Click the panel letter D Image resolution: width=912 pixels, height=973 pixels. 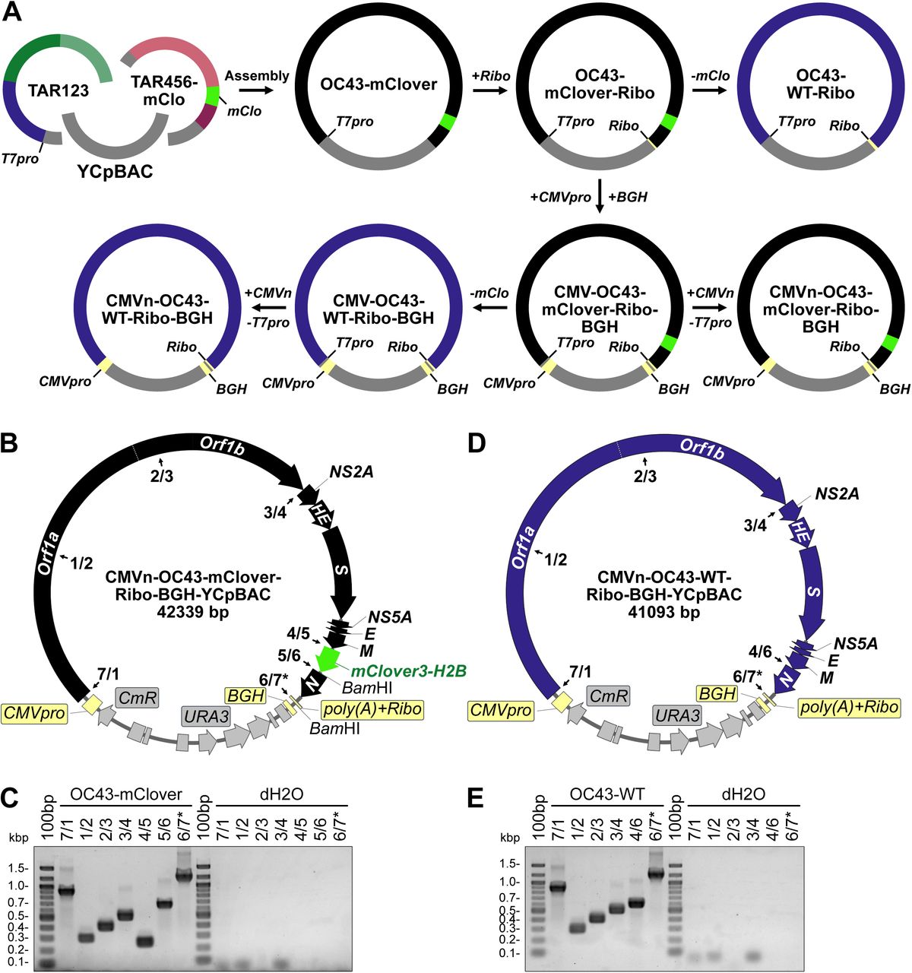tap(477, 442)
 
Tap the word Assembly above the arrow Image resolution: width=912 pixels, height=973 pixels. tap(257, 76)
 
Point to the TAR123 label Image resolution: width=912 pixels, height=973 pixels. tap(58, 90)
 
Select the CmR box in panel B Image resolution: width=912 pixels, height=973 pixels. tap(137, 696)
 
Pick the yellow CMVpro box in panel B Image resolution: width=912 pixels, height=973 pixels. tap(33, 713)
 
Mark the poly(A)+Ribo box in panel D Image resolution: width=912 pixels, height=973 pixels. tap(848, 707)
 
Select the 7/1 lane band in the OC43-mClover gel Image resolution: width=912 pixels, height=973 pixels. tap(67, 890)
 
